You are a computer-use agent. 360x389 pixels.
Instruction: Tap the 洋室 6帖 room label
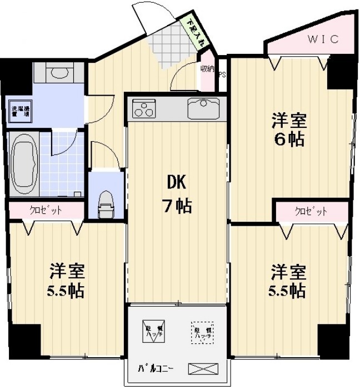pyautogui.click(x=288, y=129)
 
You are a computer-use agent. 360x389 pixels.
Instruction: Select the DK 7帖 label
pyautogui.click(x=177, y=195)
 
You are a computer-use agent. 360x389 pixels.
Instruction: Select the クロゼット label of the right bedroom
pyautogui.click(x=311, y=211)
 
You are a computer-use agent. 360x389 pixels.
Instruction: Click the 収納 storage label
pyautogui.click(x=207, y=69)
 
